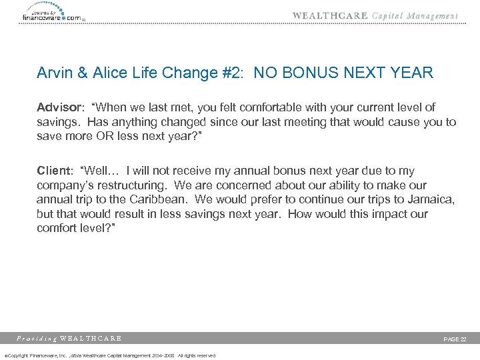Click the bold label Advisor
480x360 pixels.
pyautogui.click(x=58, y=107)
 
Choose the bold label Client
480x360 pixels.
pyautogui.click(x=54, y=171)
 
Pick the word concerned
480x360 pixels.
pyautogui.click(x=258, y=185)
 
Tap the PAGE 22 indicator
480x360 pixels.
pyautogui.click(x=455, y=339)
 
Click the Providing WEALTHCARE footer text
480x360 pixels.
pyautogui.click(x=70, y=339)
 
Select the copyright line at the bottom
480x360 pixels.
pyautogui.click(x=110, y=355)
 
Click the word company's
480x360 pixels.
pyautogui.click(x=67, y=185)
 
